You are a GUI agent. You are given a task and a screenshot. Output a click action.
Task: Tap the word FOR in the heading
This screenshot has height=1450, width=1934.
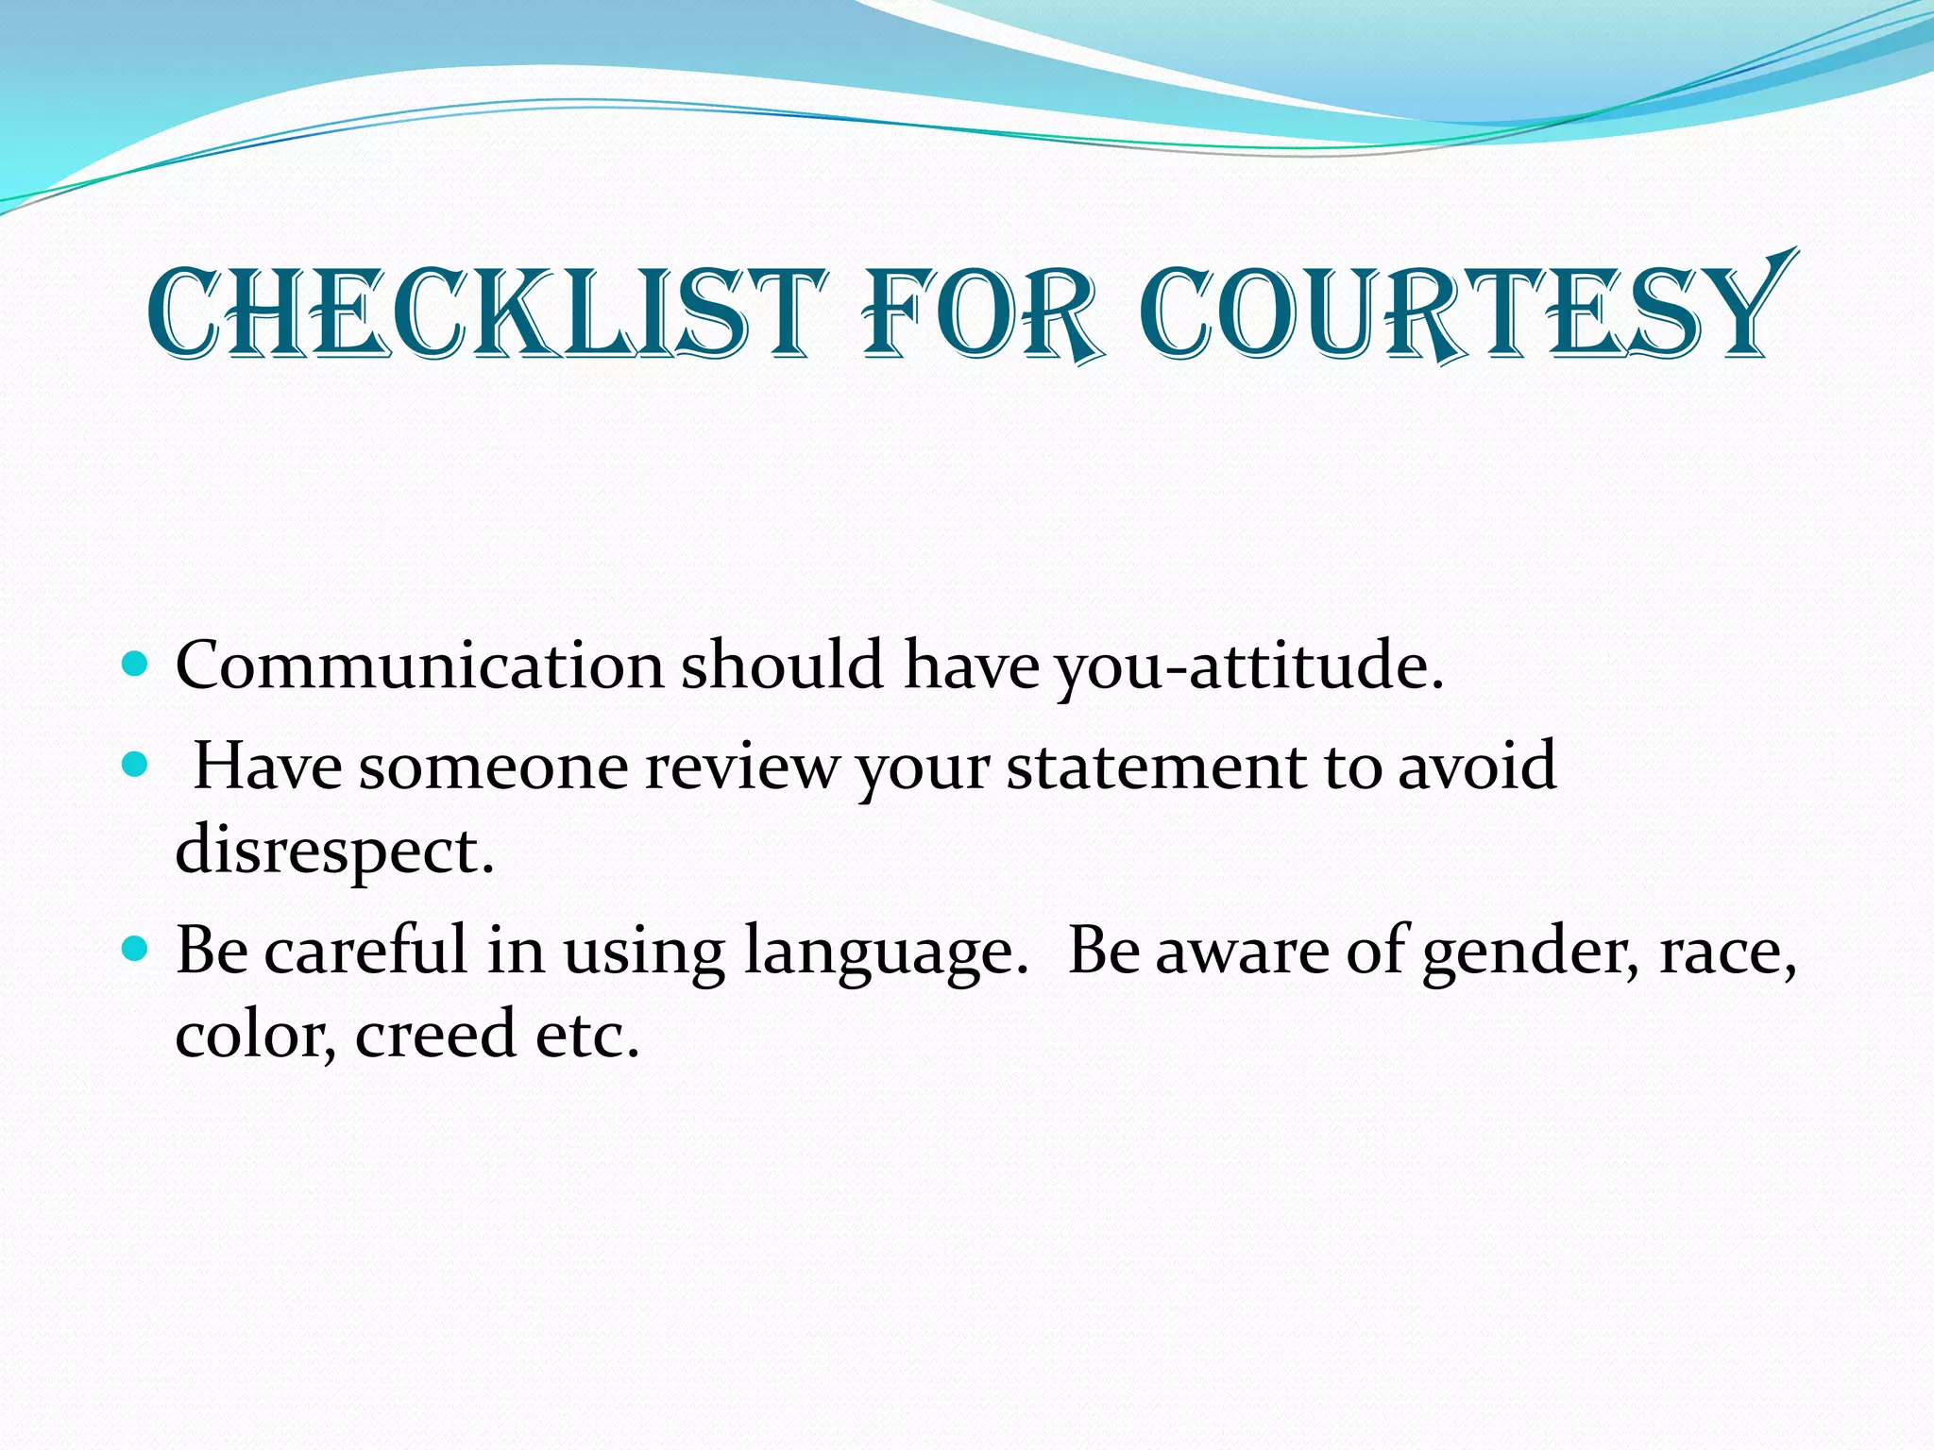pyautogui.click(x=982, y=313)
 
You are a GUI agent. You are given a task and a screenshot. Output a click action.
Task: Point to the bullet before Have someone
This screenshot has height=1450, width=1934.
pyautogui.click(x=136, y=764)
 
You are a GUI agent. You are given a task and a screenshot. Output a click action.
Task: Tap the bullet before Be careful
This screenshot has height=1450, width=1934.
pyautogui.click(x=136, y=949)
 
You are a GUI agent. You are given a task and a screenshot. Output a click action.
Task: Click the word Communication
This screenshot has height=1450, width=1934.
pyautogui.click(x=420, y=666)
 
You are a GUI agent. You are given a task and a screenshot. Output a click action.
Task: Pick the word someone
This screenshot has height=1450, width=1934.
pyautogui.click(x=493, y=766)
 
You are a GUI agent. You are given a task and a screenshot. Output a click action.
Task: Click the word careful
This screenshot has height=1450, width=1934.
pyautogui.click(x=365, y=950)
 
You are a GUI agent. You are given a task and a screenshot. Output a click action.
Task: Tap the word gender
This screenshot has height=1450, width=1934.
pyautogui.click(x=1530, y=952)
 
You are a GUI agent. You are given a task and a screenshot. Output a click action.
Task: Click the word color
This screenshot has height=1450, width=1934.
pyautogui.click(x=255, y=1035)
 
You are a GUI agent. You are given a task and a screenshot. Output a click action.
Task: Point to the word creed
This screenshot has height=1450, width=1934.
pyautogui.click(x=435, y=1035)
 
